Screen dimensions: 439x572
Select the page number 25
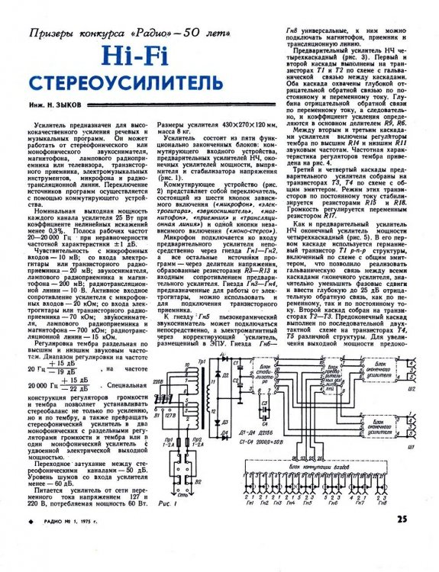tap(405, 541)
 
